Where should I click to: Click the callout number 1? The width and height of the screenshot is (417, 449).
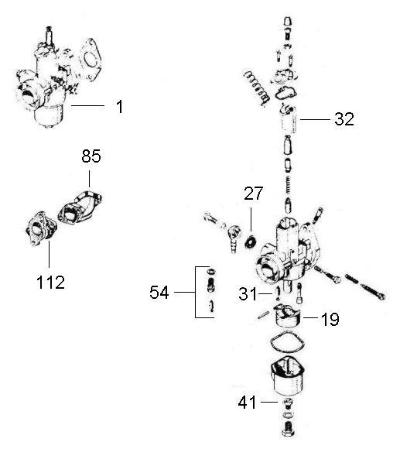point(120,106)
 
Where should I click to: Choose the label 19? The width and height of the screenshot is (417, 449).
point(330,318)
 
